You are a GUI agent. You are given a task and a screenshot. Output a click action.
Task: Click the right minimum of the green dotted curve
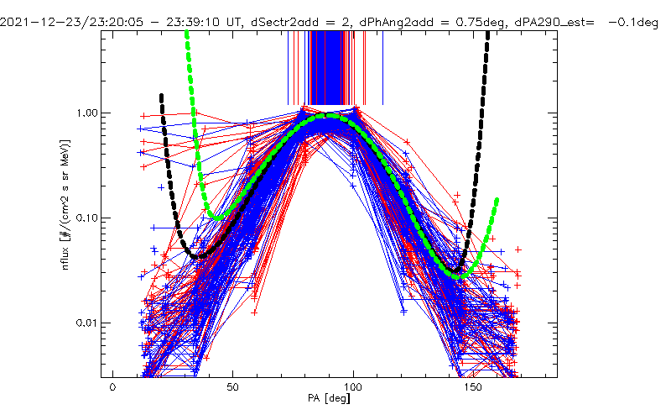click(x=458, y=276)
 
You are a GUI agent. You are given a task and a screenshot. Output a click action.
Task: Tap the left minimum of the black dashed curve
click(x=196, y=256)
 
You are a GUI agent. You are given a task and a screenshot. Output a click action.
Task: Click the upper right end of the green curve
click(x=497, y=200)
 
